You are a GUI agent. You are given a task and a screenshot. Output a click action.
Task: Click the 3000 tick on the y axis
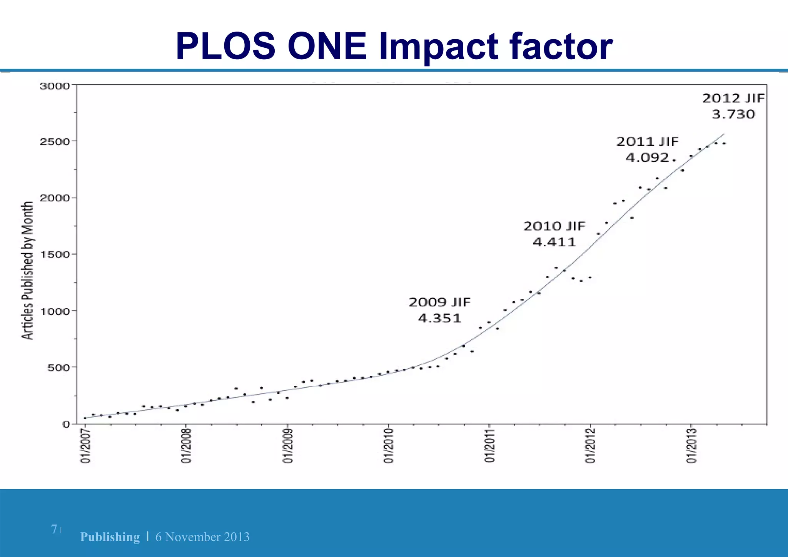point(55,86)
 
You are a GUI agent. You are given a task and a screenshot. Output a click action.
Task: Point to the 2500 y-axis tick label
point(55,142)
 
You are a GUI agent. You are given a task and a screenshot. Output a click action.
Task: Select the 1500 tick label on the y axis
point(55,254)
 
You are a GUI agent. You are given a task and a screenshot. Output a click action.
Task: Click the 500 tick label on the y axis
point(58,368)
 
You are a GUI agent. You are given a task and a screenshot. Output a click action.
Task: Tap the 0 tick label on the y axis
point(66,424)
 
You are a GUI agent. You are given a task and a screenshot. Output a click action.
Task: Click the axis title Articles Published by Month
point(27,270)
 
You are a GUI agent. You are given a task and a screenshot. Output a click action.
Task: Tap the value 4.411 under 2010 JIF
point(554,243)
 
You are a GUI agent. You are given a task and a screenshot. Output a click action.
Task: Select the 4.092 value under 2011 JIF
point(647,158)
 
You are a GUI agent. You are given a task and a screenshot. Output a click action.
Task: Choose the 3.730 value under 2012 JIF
point(733,114)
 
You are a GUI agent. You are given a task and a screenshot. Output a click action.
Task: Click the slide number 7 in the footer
point(54,529)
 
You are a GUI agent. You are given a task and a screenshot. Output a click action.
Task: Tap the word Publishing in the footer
point(110,537)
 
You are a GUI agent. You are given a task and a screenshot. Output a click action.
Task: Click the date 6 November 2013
point(202,537)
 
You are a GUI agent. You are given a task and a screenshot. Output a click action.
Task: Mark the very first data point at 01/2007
point(85,418)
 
